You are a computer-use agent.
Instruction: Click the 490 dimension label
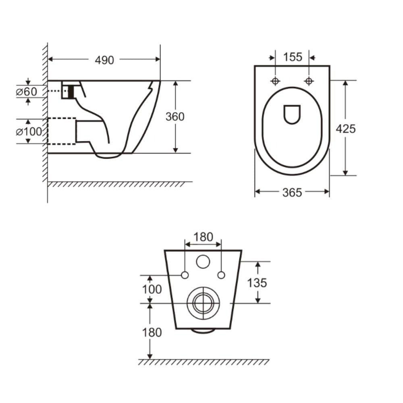tap(104, 60)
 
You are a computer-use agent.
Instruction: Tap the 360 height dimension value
tap(175, 116)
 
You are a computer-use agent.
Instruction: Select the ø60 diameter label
tap(27, 91)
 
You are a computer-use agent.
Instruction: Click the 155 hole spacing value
tap(292, 57)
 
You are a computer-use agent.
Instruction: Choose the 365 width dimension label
tap(292, 193)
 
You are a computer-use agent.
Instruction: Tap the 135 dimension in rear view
tap(257, 283)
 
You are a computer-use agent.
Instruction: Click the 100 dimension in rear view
tap(152, 289)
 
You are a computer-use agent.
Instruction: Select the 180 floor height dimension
tap(152, 332)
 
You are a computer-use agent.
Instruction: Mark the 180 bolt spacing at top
tap(203, 237)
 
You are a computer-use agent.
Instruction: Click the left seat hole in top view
tap(275, 81)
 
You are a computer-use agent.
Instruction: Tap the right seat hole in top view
tap(309, 81)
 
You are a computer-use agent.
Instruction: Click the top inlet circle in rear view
tap(203, 262)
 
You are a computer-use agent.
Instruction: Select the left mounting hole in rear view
tap(185, 275)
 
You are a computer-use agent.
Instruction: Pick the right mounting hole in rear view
tap(221, 275)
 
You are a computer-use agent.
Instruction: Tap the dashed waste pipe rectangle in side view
tap(62, 131)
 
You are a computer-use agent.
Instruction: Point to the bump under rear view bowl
tap(203, 331)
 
